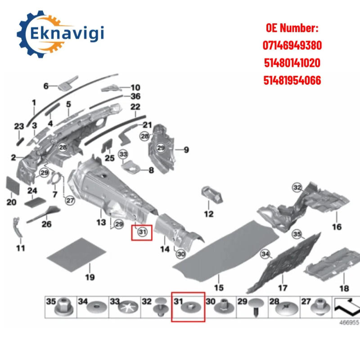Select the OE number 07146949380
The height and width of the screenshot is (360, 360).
292,45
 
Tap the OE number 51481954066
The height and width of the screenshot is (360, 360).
292,81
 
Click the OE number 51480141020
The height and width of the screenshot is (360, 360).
292,63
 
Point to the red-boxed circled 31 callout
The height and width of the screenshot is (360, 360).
142,232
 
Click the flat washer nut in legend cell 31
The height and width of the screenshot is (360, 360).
190,307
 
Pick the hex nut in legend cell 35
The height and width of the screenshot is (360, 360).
63,307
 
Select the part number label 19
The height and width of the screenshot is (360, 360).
90,277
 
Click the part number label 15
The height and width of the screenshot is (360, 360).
219,288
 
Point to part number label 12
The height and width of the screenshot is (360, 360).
208,214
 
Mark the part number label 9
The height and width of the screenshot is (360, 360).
186,150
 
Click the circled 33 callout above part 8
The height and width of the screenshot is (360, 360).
123,154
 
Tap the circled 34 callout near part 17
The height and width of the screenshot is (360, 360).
265,254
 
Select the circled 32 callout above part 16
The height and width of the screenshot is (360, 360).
297,188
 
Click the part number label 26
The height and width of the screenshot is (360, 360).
46,224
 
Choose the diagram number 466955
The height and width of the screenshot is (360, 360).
349,322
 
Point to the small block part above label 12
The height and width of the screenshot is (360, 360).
212,195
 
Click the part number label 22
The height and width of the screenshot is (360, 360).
135,107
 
